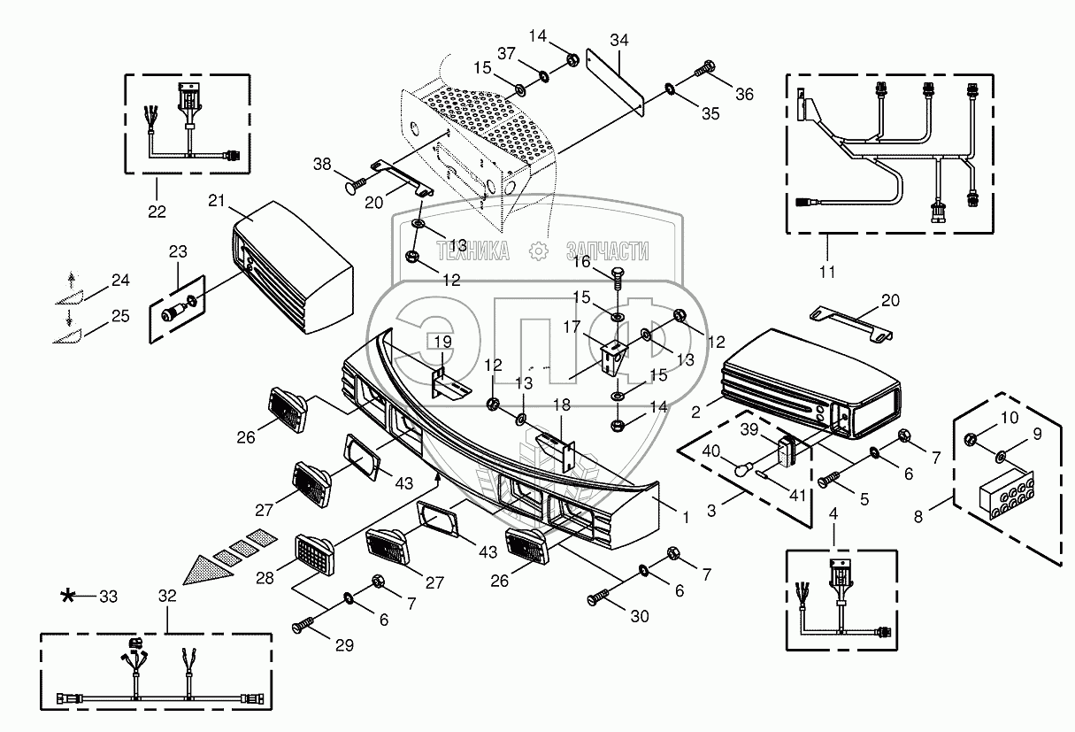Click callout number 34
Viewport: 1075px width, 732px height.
pyautogui.click(x=619, y=40)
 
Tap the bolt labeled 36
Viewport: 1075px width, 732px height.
pyautogui.click(x=704, y=69)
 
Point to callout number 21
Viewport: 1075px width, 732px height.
pyautogui.click(x=217, y=201)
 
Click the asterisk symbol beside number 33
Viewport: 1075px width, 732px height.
pyautogui.click(x=67, y=597)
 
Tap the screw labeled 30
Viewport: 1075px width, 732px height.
pyautogui.click(x=598, y=597)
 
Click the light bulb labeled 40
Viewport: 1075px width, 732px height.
pyautogui.click(x=744, y=467)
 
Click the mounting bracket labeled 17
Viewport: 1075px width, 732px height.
pyautogui.click(x=613, y=358)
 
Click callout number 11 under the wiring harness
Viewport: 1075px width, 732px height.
pyautogui.click(x=827, y=272)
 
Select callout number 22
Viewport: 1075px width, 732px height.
pyautogui.click(x=157, y=212)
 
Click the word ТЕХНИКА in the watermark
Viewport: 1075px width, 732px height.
pyautogui.click(x=472, y=251)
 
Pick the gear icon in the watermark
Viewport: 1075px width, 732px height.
pyautogui.click(x=539, y=251)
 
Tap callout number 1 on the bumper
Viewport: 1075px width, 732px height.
pyautogui.click(x=687, y=518)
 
